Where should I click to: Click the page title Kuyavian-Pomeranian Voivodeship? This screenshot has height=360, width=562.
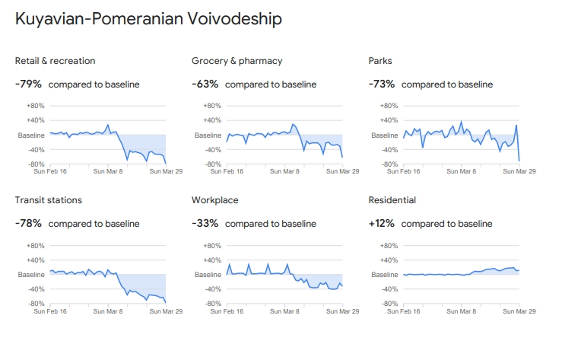click(x=148, y=19)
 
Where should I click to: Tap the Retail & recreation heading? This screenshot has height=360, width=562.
click(x=55, y=61)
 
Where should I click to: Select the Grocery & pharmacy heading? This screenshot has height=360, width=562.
click(x=237, y=61)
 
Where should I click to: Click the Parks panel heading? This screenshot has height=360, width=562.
click(x=380, y=61)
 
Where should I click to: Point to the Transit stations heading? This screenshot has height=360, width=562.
click(x=49, y=200)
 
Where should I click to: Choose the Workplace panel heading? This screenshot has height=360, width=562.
click(x=215, y=200)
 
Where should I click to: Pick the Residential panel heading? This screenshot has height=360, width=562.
click(x=392, y=200)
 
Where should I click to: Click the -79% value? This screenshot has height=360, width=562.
click(x=28, y=84)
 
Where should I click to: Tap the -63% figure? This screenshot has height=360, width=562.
click(x=205, y=84)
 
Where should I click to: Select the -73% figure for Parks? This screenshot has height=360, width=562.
click(x=382, y=84)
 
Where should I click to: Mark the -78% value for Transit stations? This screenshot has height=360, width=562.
click(x=28, y=223)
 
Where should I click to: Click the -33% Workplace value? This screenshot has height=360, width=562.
click(x=205, y=223)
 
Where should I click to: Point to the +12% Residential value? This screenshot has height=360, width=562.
click(x=382, y=223)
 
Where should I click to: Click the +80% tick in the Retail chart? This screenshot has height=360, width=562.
click(x=36, y=106)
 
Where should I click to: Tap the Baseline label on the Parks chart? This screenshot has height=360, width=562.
click(x=384, y=135)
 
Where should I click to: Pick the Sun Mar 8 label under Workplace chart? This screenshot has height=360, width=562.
click(x=284, y=311)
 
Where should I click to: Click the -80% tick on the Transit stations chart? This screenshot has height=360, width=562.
click(x=36, y=304)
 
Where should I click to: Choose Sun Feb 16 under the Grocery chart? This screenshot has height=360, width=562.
click(x=226, y=171)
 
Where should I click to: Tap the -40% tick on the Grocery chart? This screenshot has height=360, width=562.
click(x=212, y=150)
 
